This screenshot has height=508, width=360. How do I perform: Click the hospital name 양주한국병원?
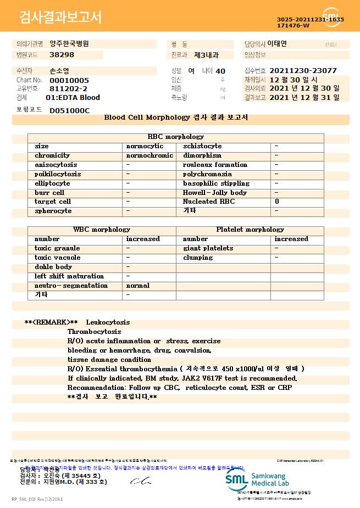pos(69,43)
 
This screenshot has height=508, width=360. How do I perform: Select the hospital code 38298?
pos(62,55)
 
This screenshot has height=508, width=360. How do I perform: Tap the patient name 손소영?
pos(59,71)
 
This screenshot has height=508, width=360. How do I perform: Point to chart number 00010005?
pos(69,80)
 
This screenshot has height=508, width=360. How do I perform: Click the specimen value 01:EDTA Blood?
pos(73,98)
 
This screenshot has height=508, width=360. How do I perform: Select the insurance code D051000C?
pos(69,110)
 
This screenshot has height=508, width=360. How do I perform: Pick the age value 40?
pos(220,71)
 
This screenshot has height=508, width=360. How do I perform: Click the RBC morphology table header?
pos(176,137)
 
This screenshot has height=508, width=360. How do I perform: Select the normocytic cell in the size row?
pos(145,146)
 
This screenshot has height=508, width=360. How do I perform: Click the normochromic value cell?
pos(149,155)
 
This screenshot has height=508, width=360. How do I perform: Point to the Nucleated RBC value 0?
pos(277,202)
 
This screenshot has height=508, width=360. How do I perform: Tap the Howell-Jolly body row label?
pos(215,193)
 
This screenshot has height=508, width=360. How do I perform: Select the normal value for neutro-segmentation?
pos(138,286)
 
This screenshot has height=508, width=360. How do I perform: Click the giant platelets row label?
pos(208,248)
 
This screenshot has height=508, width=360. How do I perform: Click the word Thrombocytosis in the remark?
pos(95,332)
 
